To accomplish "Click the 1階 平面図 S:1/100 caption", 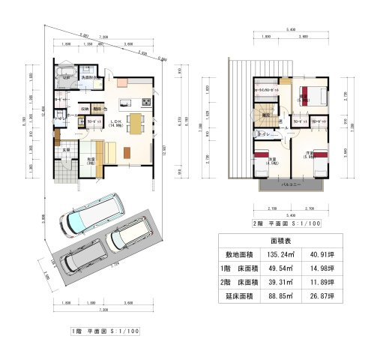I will pyautogui.click(x=104, y=330).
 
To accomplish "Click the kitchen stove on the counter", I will pyautogui.click(x=147, y=101).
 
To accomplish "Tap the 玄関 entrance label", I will pyautogui.click(x=65, y=149).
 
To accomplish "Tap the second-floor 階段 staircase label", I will pyautogui.click(x=265, y=115).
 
